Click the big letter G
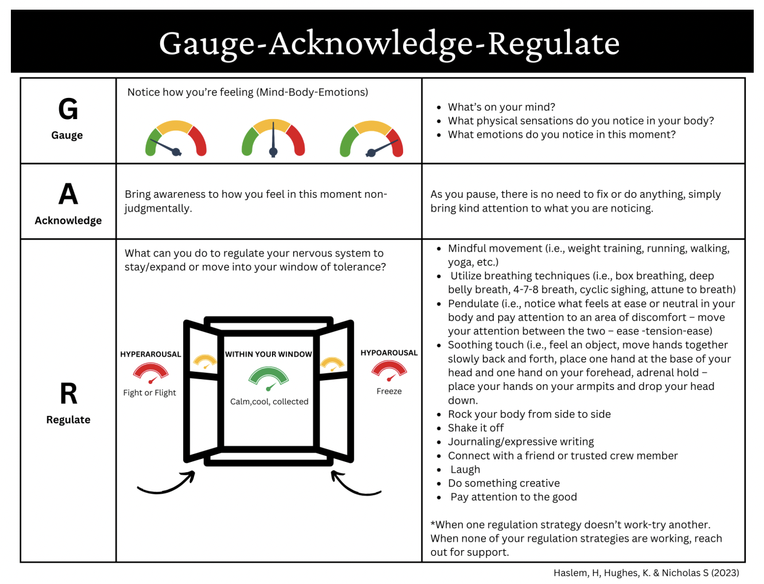pyautogui.click(x=68, y=109)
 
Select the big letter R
pyautogui.click(x=68, y=394)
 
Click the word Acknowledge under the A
pyautogui.click(x=68, y=221)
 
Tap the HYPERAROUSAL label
pyautogui.click(x=151, y=354)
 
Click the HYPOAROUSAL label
pyautogui.click(x=389, y=352)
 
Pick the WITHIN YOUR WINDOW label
pyautogui.click(x=268, y=354)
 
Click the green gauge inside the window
pyautogui.click(x=268, y=378)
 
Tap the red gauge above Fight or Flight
pyautogui.click(x=151, y=372)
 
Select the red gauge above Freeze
pyautogui.click(x=389, y=370)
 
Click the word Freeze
pyautogui.click(x=389, y=391)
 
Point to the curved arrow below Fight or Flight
pyautogui.click(x=166, y=484)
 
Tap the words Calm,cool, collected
pyautogui.click(x=269, y=401)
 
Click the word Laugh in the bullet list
pyautogui.click(x=465, y=470)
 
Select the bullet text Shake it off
pyautogui.click(x=476, y=428)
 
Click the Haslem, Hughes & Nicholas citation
pyautogui.click(x=646, y=573)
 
